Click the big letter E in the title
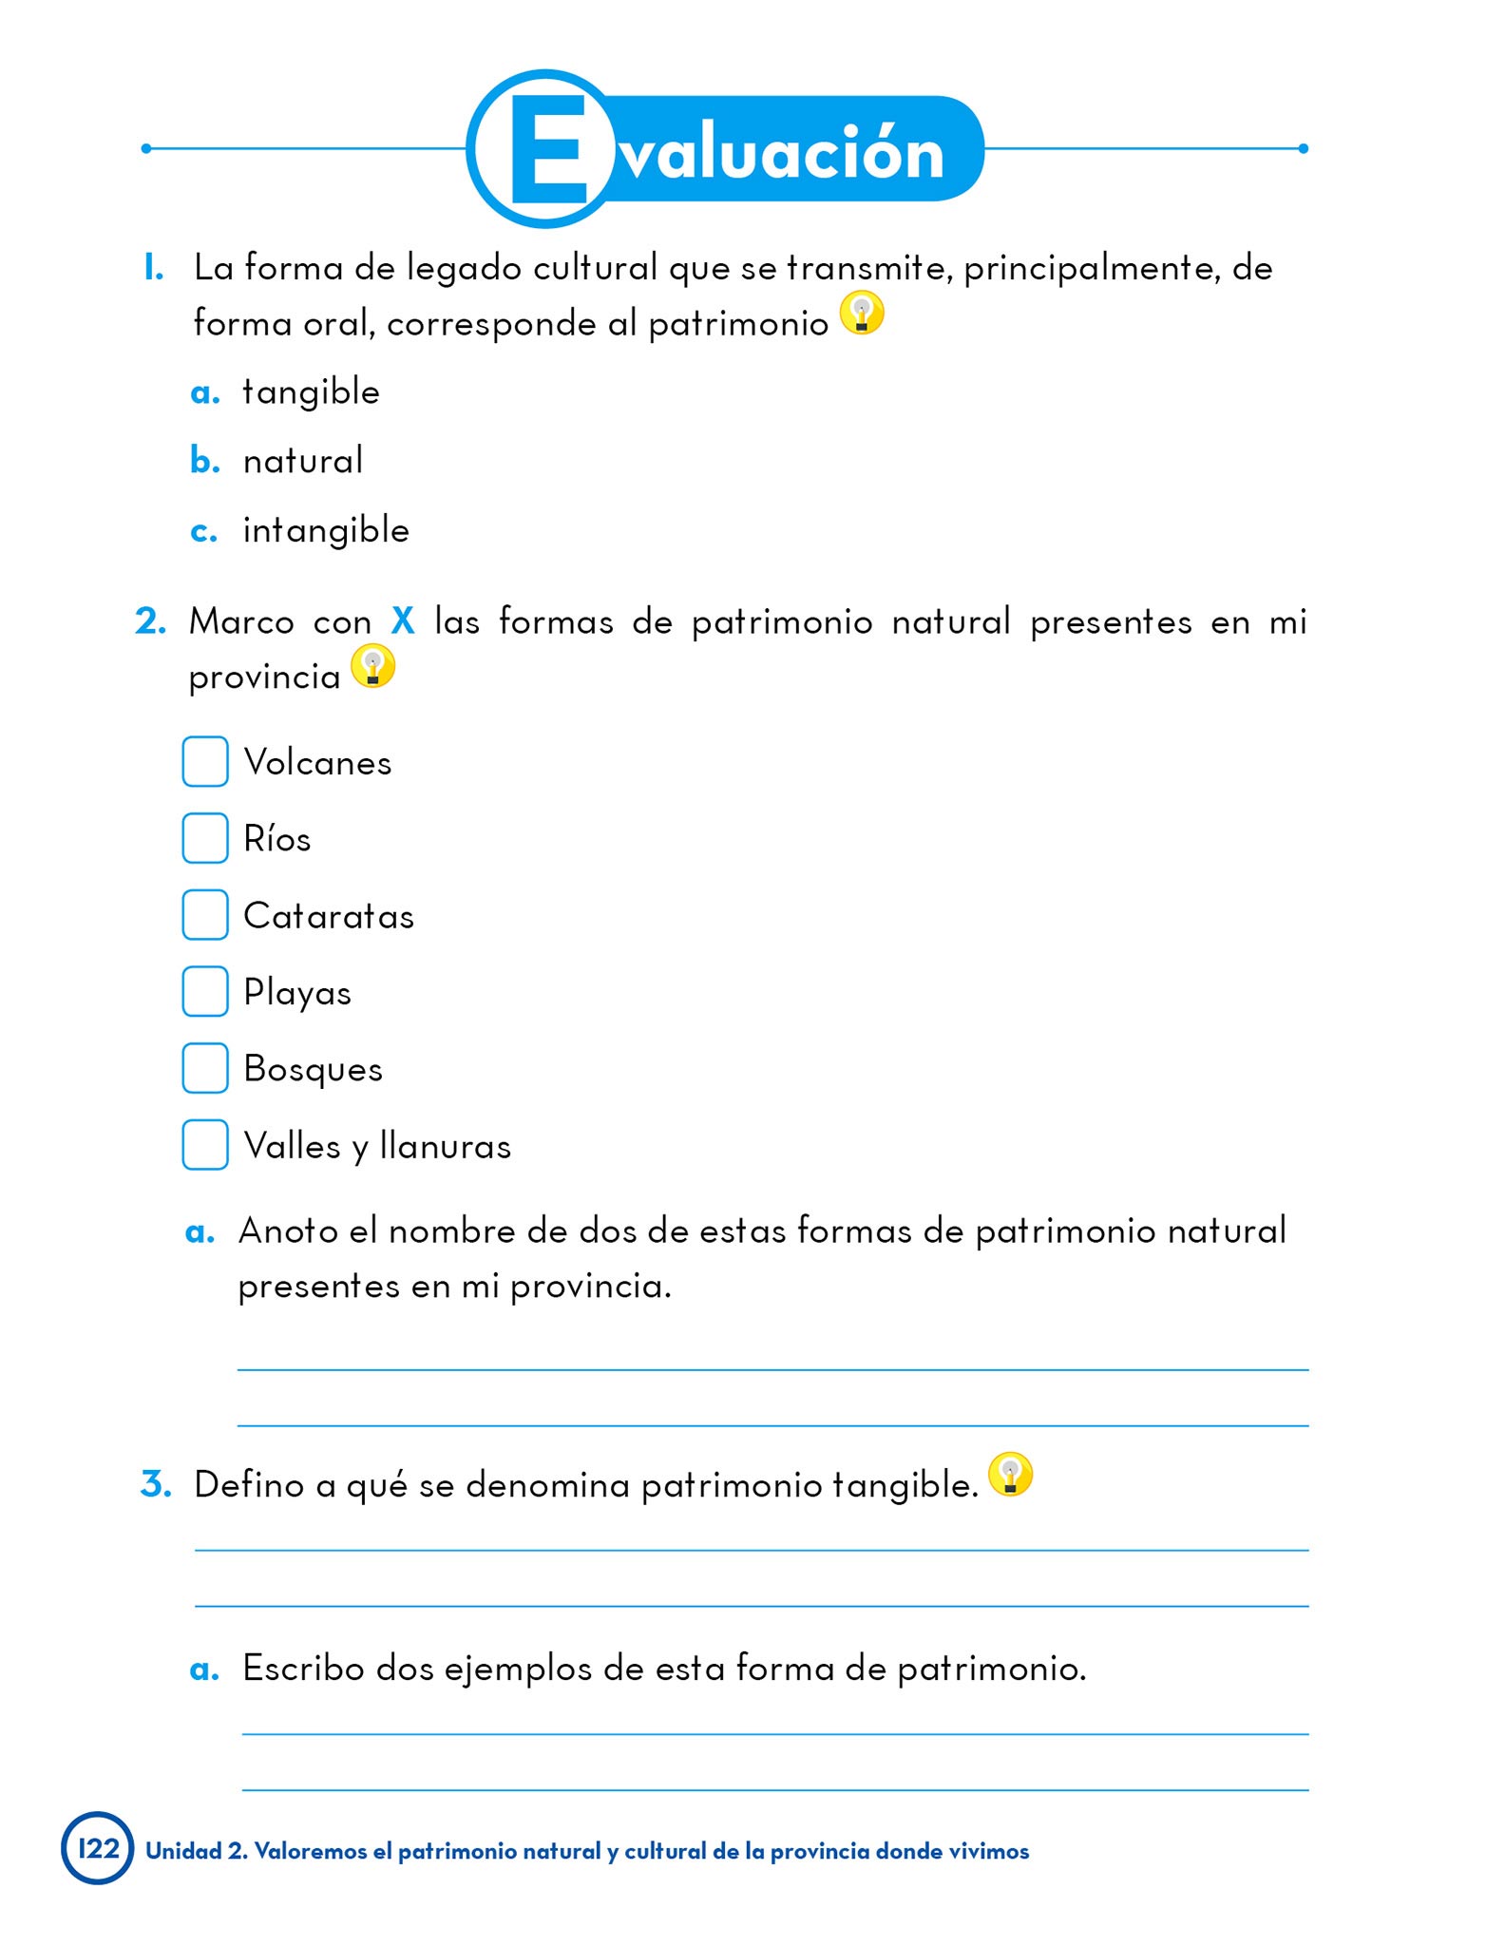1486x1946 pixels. point(549,149)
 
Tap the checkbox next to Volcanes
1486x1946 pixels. point(205,761)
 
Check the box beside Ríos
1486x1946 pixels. point(205,838)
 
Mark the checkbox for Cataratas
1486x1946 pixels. point(205,915)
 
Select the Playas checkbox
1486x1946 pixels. point(205,991)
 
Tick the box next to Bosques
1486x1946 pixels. point(205,1068)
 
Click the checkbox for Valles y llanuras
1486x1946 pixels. point(205,1145)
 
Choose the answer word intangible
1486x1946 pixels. point(326,530)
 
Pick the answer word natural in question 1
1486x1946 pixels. point(303,461)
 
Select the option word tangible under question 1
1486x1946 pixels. point(311,392)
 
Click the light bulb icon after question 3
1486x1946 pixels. point(1010,1474)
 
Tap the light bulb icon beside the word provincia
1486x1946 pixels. point(372,666)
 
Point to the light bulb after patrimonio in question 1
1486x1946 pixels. point(862,313)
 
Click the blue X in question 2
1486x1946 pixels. point(403,621)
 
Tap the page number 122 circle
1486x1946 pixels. point(98,1848)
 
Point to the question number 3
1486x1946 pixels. point(155,1484)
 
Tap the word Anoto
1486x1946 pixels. point(289,1231)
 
